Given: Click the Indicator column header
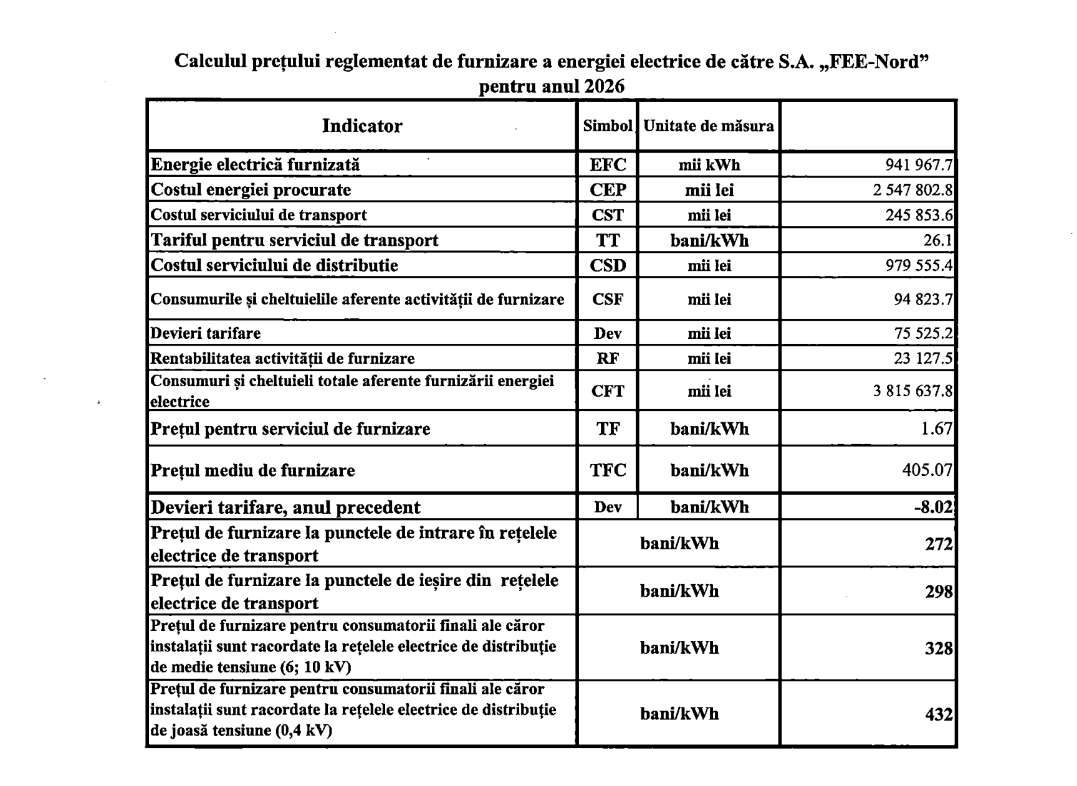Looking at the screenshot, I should pyautogui.click(x=361, y=126).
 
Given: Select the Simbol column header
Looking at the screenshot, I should pyautogui.click(x=608, y=126).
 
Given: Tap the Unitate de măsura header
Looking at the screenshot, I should pyautogui.click(x=709, y=126).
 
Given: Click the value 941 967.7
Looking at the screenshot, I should pyautogui.click(x=919, y=165).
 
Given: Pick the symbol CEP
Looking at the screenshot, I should pyautogui.click(x=608, y=190).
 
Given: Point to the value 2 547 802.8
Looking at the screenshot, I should pyautogui.click(x=912, y=190).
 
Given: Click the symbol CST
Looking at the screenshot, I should pyautogui.click(x=608, y=215).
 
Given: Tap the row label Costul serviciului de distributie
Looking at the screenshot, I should pyautogui.click(x=274, y=265).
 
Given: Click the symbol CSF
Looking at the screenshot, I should pyautogui.click(x=608, y=300).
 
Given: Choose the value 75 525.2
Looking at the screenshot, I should pyautogui.click(x=924, y=333).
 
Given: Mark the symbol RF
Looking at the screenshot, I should pyautogui.click(x=608, y=359).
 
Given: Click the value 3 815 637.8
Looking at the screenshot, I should pyautogui.click(x=912, y=391).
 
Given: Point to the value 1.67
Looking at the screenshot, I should pyautogui.click(x=937, y=429).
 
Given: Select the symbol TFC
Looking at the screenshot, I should pyautogui.click(x=608, y=470).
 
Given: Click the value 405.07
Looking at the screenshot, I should pyautogui.click(x=927, y=470).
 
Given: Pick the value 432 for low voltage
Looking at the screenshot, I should pyautogui.click(x=939, y=714).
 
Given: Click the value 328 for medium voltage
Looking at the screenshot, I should pyautogui.click(x=939, y=648).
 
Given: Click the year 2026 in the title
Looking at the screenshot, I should pyautogui.click(x=604, y=86).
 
